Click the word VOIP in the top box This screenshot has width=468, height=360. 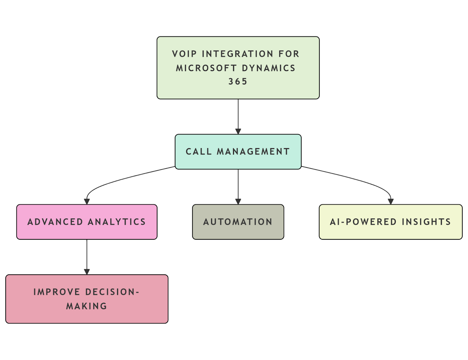pos(184,54)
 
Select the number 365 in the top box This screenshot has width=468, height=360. pos(238,82)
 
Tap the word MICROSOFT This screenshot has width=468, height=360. pos(206,68)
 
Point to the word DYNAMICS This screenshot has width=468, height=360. pos(268,68)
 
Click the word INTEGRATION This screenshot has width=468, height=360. pos(238,54)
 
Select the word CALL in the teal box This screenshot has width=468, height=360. pos(199,152)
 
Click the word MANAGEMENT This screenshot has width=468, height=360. pos(253,152)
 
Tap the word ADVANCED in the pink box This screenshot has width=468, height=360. pos(55,222)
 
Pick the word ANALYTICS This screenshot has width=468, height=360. pos(117,222)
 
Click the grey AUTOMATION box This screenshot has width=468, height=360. pos(238,222)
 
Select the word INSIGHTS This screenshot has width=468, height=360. pos(426,222)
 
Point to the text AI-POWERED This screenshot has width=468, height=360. pos(363,222)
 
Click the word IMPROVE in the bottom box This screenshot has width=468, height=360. pos(57,292)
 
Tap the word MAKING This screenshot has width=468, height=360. pos(87,306)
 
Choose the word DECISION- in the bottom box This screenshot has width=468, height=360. pos(112,292)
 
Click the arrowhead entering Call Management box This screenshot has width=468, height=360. pos(238,131)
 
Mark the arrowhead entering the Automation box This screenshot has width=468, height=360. pos(238,202)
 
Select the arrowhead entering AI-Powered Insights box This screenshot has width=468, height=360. pos(390,202)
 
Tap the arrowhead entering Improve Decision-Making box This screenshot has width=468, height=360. pos(87,272)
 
